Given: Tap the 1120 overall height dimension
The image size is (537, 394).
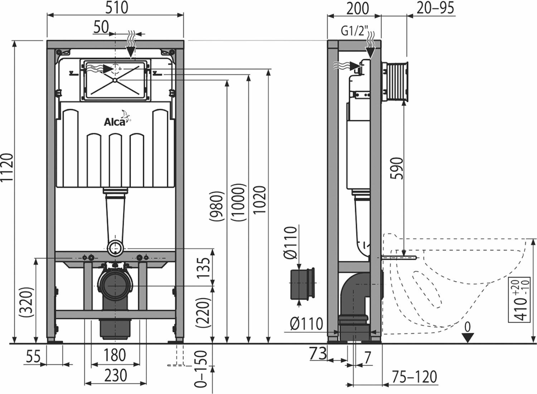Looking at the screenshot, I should coord(8,169).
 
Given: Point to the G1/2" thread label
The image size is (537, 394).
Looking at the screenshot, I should coord(354,32).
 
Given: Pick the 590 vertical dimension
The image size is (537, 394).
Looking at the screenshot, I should coord(397,168).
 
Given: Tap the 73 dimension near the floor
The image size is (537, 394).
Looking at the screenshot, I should coord(318,354).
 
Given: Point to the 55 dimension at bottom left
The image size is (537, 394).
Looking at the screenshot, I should coord(33,357).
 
